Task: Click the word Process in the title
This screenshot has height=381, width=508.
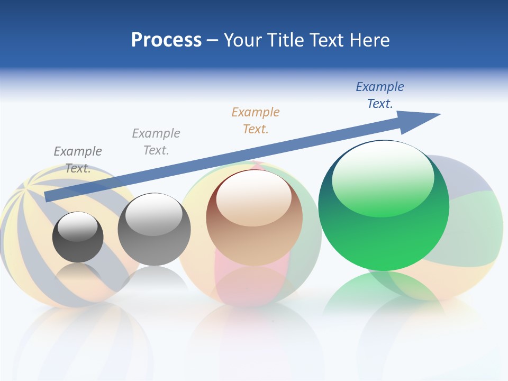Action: point(166,40)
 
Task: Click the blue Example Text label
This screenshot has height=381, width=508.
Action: point(380,95)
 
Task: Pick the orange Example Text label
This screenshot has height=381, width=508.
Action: point(256,121)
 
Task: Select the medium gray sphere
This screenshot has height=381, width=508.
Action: point(154,243)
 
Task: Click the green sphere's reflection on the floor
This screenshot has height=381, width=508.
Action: point(384,294)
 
